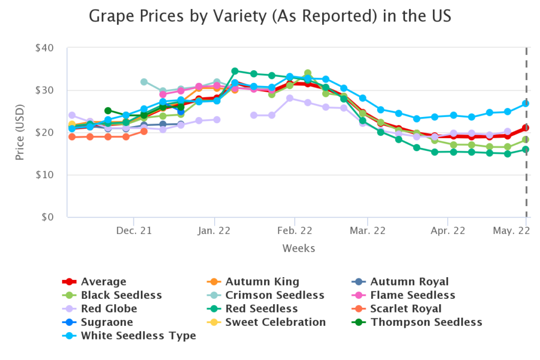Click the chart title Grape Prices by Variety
point(269,16)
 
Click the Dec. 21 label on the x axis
point(134,230)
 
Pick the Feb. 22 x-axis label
point(294,230)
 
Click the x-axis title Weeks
point(298,248)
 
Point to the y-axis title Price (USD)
point(20,132)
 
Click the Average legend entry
point(103,281)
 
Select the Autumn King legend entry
point(262,281)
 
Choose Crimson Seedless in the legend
point(275,295)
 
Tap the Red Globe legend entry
point(109,308)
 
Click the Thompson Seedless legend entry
point(426,322)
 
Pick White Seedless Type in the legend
point(138,335)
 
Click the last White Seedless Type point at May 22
point(526,104)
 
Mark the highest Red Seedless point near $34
point(235,71)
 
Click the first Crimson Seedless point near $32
point(144,82)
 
